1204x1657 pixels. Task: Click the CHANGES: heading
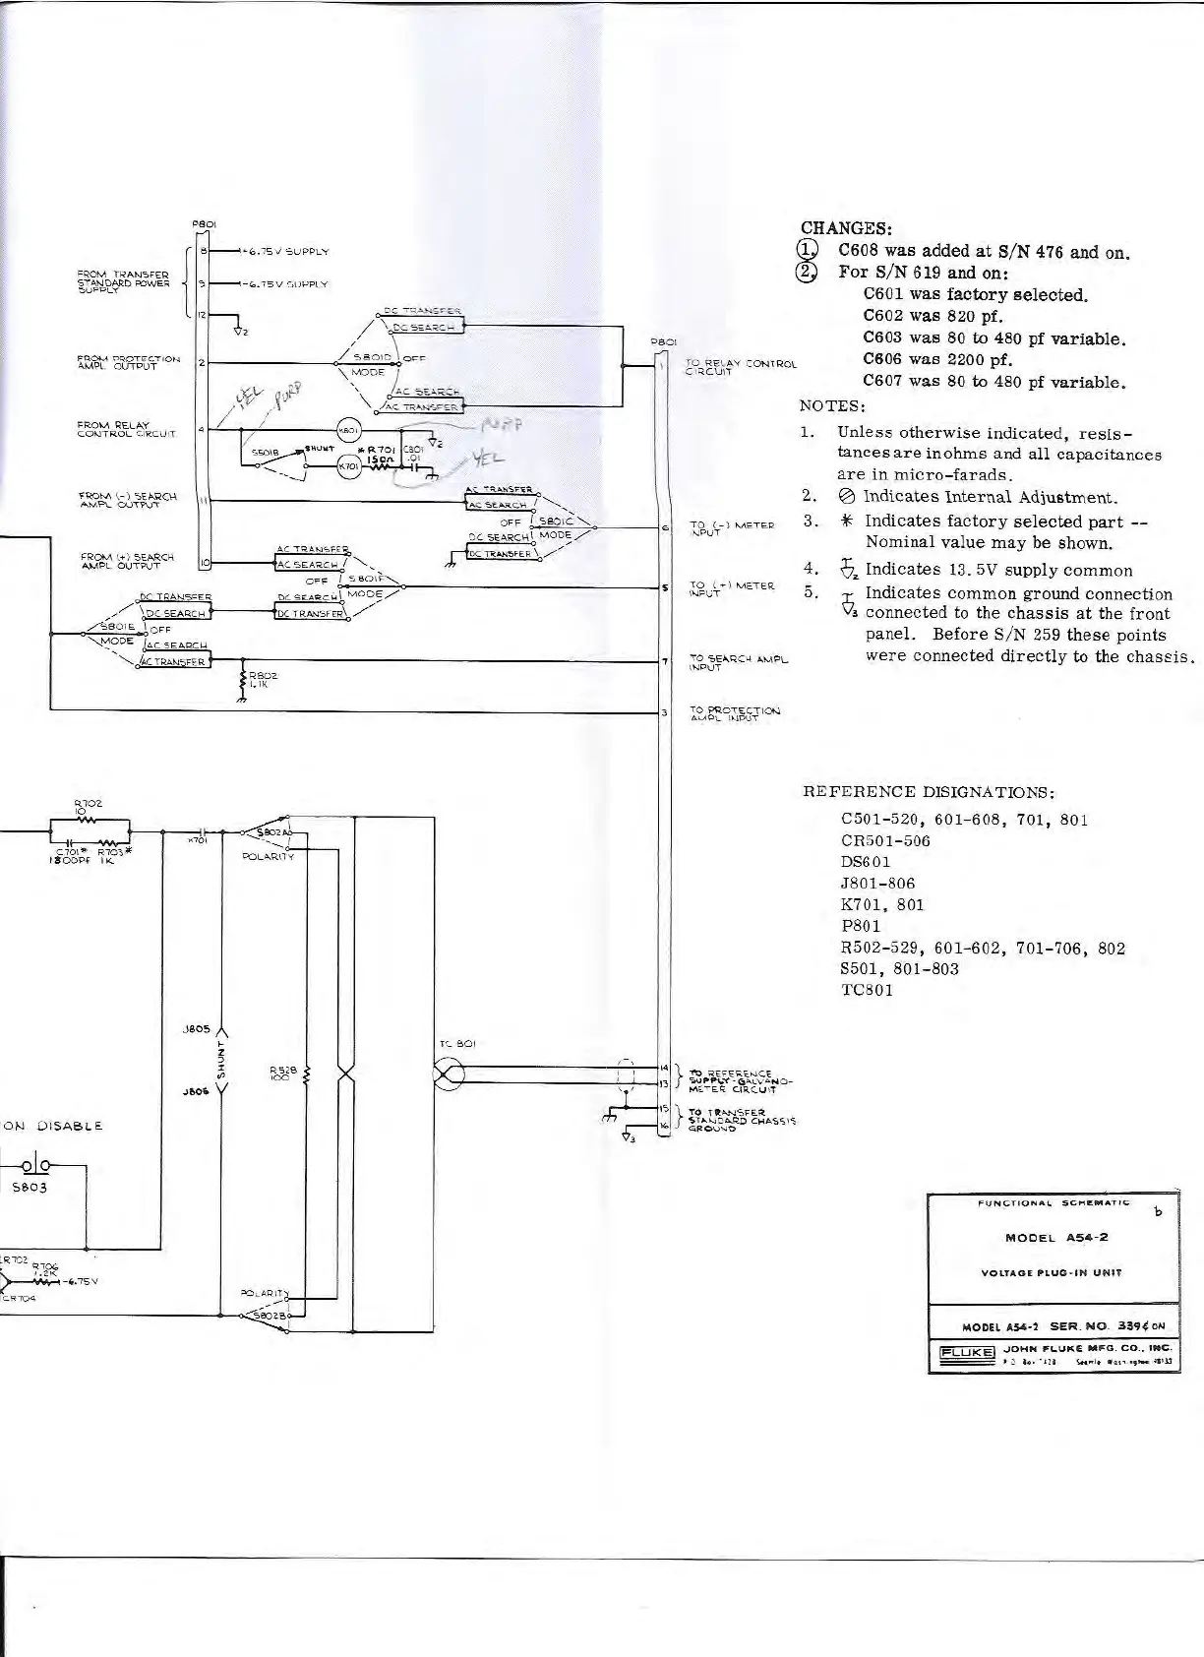[x=846, y=228]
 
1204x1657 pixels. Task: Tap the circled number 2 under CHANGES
[x=808, y=273]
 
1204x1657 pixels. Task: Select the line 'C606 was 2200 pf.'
[x=937, y=359]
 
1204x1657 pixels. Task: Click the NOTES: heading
[x=832, y=405]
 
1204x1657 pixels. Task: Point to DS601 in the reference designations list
[x=866, y=862]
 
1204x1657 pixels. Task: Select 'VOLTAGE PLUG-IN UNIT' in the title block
[x=1052, y=1272]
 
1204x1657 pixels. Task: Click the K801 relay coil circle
[x=350, y=428]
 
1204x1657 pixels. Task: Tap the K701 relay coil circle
[x=349, y=465]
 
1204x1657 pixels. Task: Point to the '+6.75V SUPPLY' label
[x=286, y=251]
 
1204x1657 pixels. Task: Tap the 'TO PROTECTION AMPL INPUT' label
[x=734, y=714]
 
